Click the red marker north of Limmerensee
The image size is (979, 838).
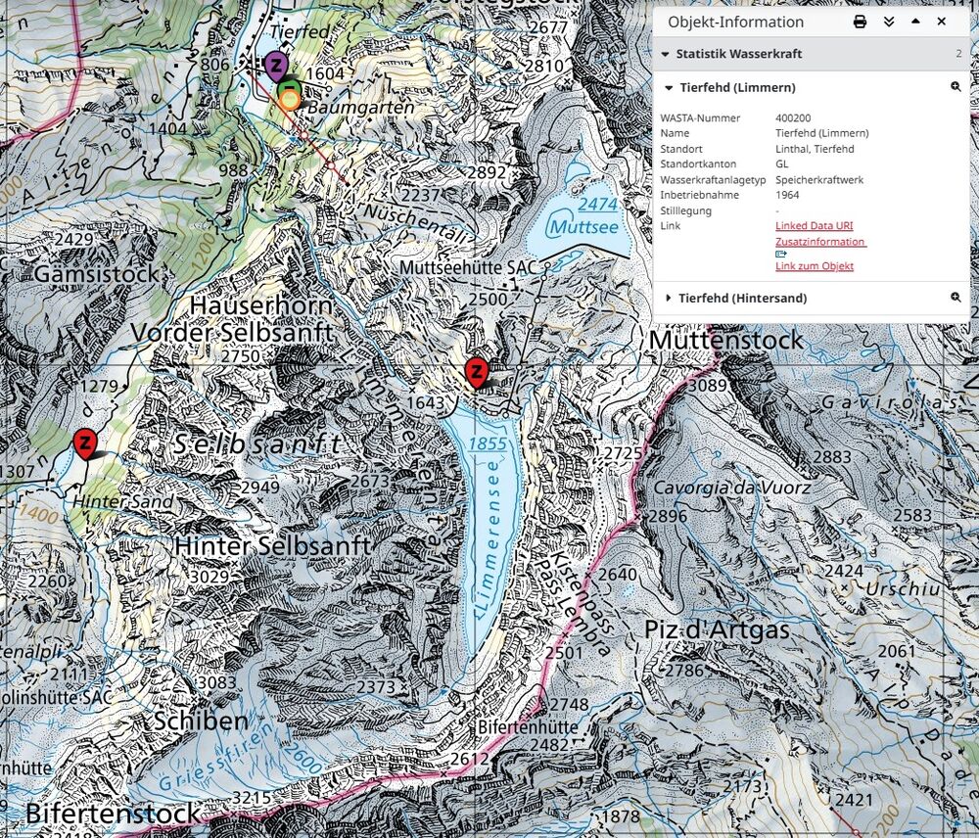coord(476,372)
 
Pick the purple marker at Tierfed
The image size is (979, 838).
coord(277,67)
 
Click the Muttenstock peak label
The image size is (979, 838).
coord(725,340)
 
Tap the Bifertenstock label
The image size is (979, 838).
coord(113,813)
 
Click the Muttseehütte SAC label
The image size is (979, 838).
coord(470,267)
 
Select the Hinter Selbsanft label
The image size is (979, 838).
coord(273,545)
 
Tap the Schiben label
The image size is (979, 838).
coord(201,722)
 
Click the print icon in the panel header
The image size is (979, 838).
coord(860,22)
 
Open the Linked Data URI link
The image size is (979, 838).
coord(800,226)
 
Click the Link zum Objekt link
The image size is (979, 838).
coord(814,266)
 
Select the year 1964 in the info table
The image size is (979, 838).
coord(788,195)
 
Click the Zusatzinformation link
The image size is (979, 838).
coord(819,241)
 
